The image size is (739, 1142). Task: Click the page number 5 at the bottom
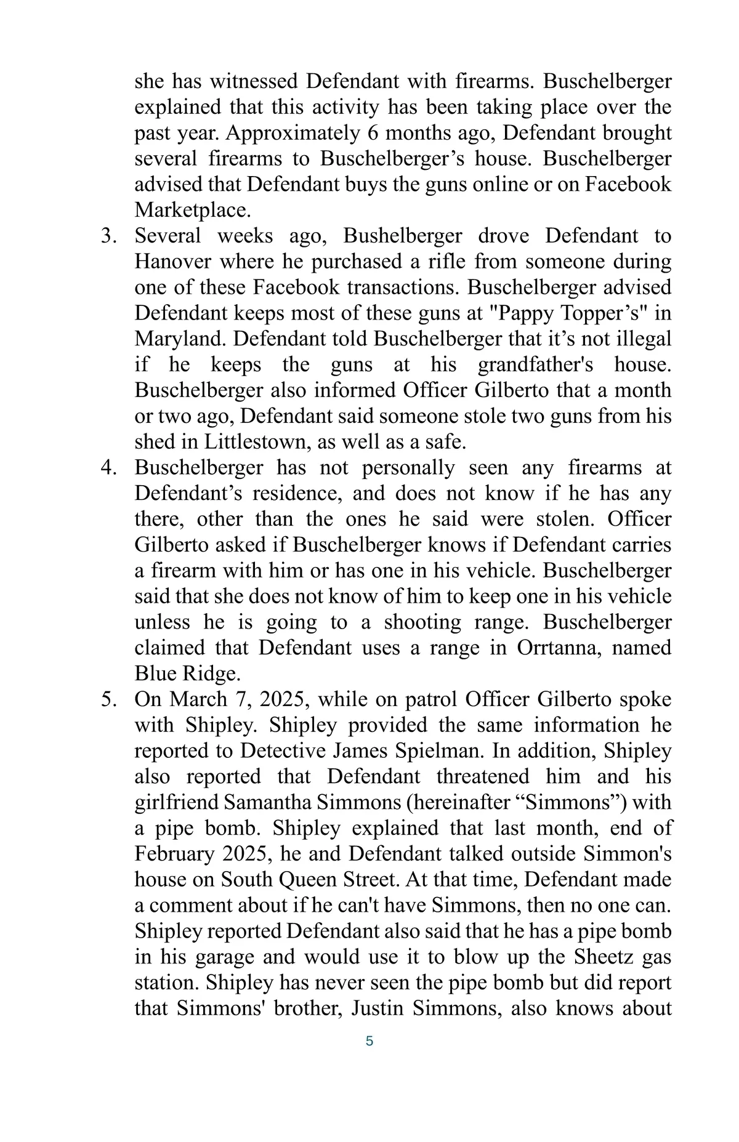pos(369,1041)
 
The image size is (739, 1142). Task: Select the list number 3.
pos(108,236)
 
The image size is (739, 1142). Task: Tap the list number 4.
pos(108,467)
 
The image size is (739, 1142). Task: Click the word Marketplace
pos(192,211)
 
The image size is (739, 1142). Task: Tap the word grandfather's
pos(535,364)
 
